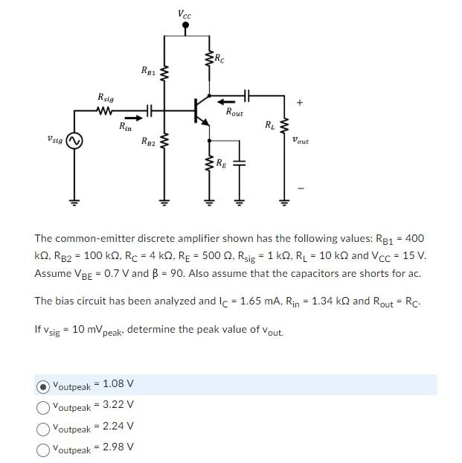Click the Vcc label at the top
(x=185, y=13)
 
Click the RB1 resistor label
(x=149, y=71)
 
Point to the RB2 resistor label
(x=149, y=141)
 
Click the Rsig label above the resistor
(x=106, y=98)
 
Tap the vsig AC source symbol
(x=74, y=139)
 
